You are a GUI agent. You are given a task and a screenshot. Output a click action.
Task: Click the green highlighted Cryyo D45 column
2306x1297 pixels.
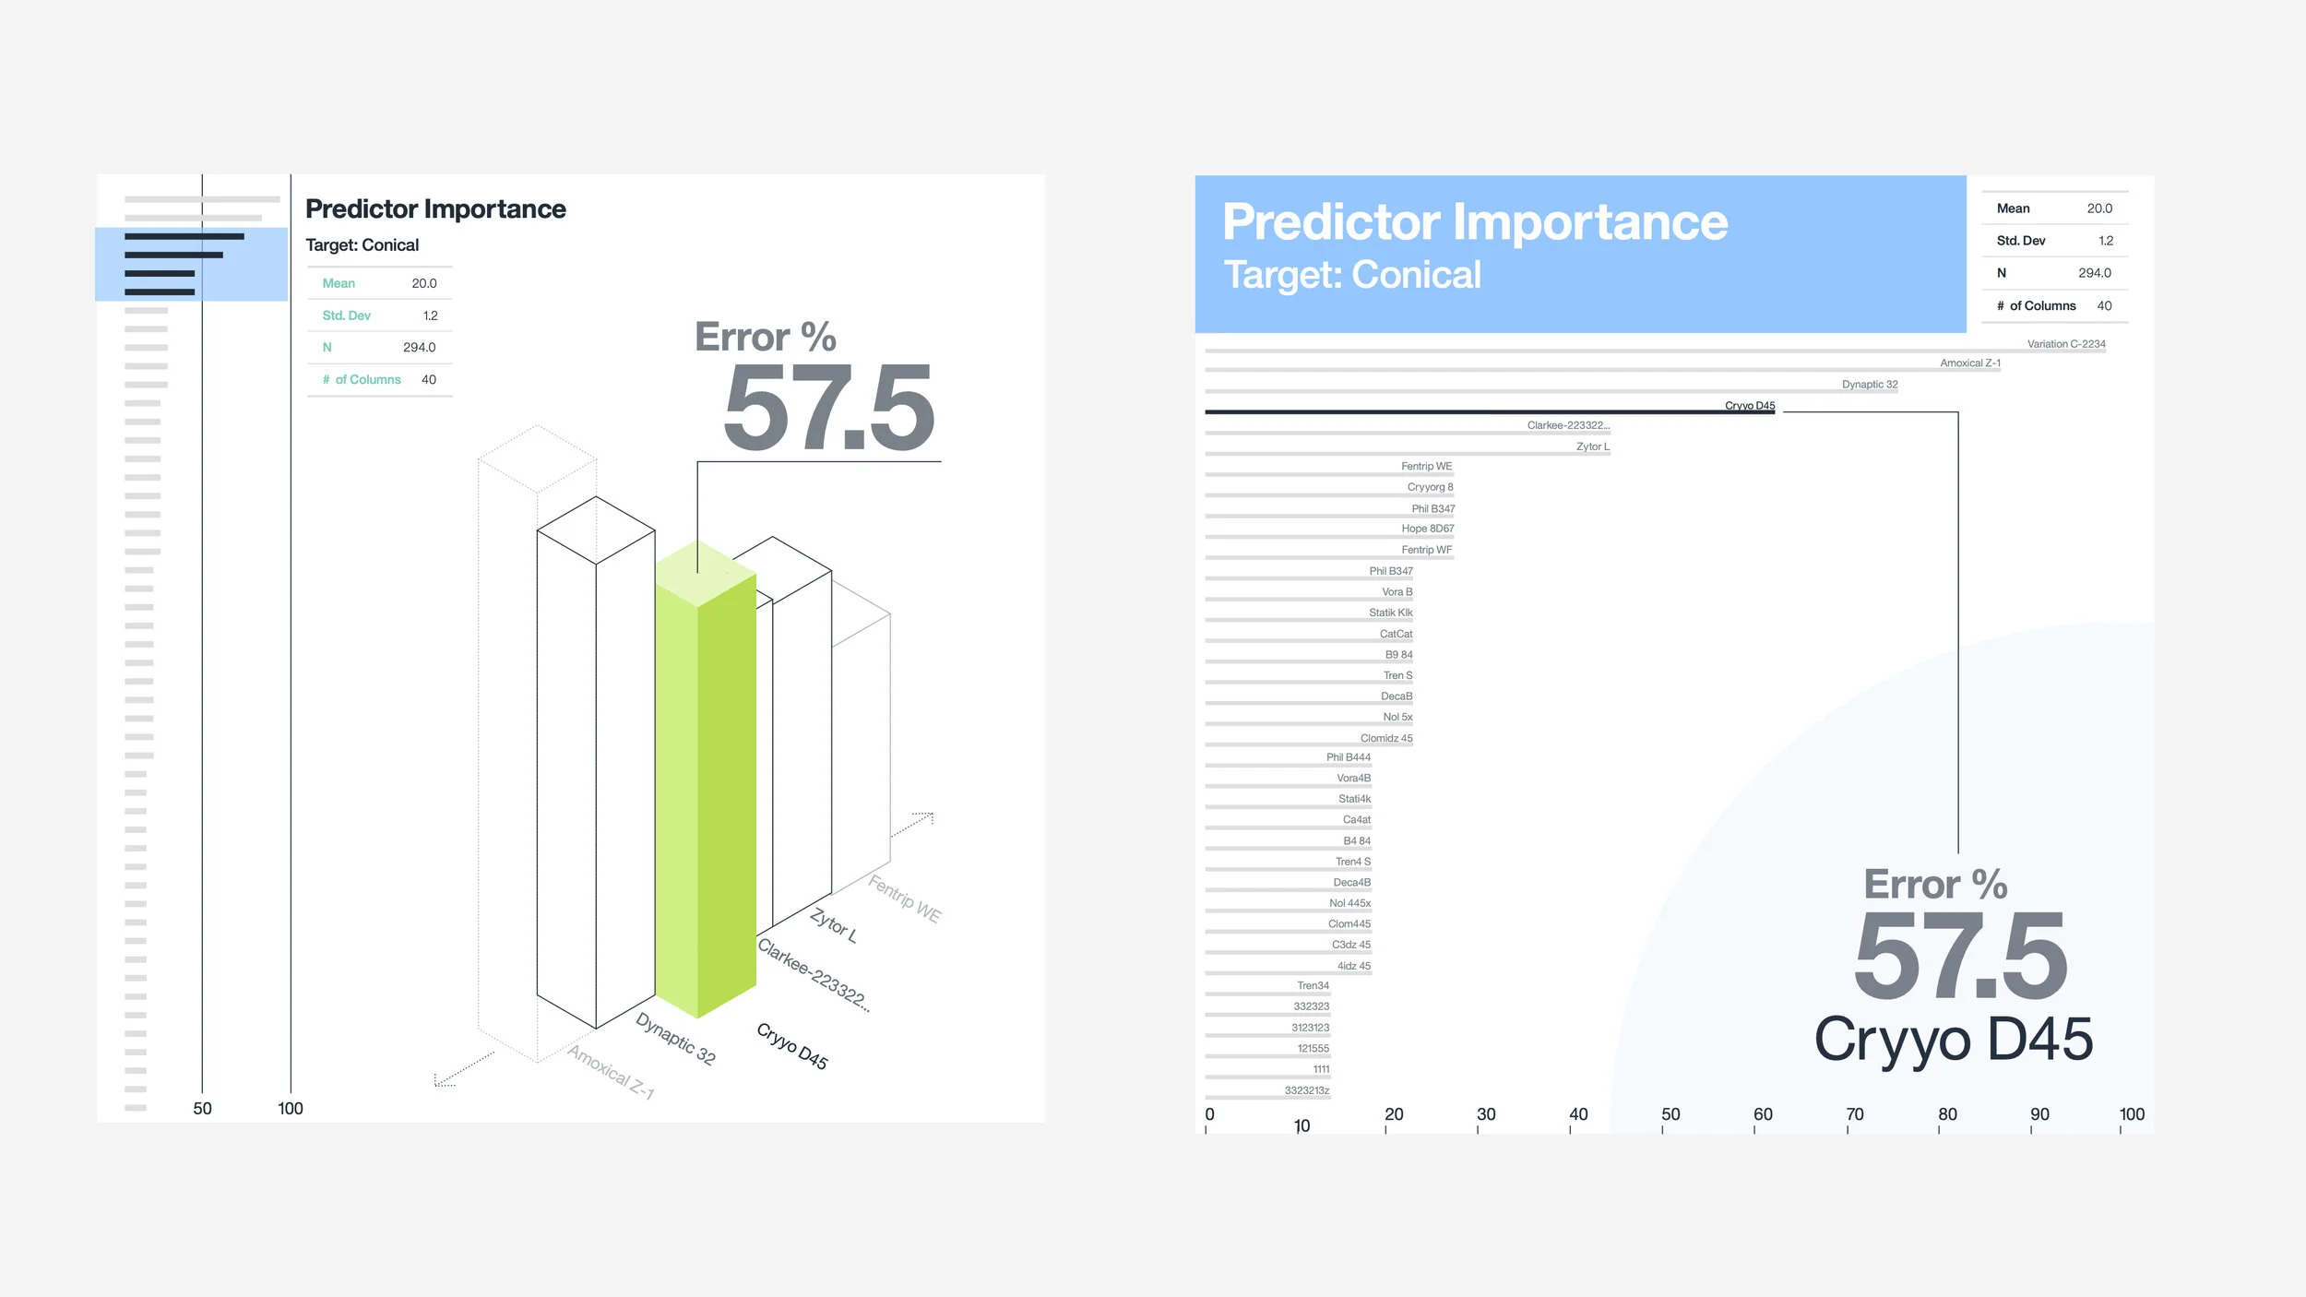(706, 784)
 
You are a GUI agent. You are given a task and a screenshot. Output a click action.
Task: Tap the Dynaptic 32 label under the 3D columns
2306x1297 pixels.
(676, 1039)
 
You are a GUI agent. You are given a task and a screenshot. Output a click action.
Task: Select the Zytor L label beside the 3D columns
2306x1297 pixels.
(834, 924)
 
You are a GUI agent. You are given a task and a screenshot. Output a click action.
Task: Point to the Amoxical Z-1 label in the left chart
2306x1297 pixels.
(611, 1072)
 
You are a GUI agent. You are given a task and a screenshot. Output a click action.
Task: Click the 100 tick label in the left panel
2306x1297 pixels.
(291, 1108)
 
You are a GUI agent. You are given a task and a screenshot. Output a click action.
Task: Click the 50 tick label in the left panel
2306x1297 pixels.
(202, 1108)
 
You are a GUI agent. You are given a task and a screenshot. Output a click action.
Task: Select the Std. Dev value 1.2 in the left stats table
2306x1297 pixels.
(430, 315)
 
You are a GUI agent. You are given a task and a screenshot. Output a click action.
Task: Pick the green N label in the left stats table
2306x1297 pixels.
(327, 348)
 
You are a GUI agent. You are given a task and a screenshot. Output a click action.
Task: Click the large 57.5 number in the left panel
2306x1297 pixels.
(828, 409)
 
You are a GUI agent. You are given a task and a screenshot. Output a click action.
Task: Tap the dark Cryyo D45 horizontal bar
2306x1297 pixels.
(1489, 412)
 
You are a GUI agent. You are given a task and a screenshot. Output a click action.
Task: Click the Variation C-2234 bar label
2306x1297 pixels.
(2065, 344)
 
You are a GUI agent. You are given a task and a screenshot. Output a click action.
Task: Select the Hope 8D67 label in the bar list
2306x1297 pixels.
(1427, 529)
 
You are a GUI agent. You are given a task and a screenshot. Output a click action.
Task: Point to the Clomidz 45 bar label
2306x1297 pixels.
(1385, 738)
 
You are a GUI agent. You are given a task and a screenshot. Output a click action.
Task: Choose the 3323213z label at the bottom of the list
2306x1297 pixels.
(1306, 1090)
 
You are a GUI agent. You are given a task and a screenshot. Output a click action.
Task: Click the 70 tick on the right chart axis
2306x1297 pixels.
(1854, 1114)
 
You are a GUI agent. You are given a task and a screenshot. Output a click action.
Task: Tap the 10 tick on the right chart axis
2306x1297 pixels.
(1302, 1125)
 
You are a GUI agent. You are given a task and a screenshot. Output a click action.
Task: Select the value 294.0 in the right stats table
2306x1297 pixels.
(2094, 273)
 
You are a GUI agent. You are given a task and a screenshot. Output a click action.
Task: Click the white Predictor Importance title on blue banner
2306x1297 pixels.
(1474, 222)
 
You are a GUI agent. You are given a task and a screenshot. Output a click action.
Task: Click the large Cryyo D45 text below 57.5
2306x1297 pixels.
(1953, 1040)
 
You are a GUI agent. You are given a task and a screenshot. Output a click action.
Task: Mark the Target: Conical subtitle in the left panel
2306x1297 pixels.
(362, 245)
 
